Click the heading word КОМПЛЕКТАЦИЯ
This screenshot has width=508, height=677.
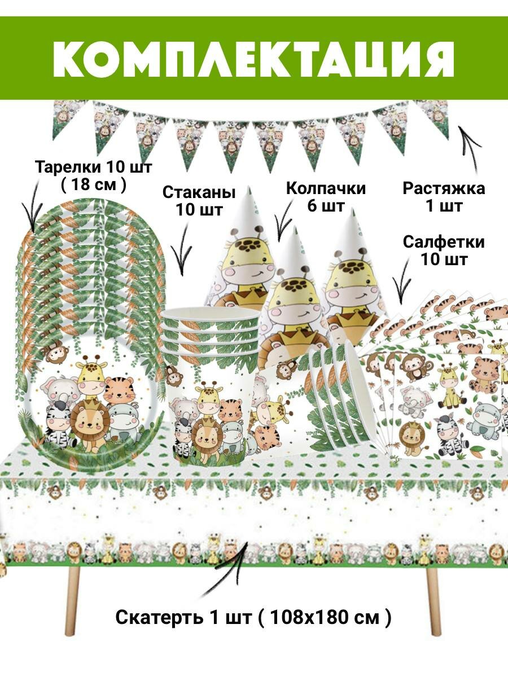coord(254,58)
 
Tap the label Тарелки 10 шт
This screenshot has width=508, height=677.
coord(94,168)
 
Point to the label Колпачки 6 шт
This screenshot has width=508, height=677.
coord(326,197)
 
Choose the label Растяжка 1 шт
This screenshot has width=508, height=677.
coord(443,196)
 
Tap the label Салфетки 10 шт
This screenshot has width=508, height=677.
coord(443,251)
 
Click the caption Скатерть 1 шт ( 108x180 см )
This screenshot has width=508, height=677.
coord(253,617)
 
